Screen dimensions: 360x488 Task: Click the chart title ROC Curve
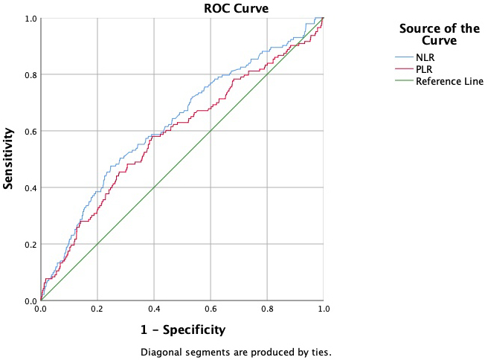tap(237, 8)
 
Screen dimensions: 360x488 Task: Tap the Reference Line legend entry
tap(449, 81)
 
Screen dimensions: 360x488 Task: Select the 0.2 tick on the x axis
tap(97, 309)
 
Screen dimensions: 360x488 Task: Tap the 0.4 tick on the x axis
tap(153, 309)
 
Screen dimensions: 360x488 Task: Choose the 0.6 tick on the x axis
tap(210, 309)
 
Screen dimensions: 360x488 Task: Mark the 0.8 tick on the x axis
tap(266, 309)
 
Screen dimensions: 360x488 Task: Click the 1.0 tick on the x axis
tap(323, 309)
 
